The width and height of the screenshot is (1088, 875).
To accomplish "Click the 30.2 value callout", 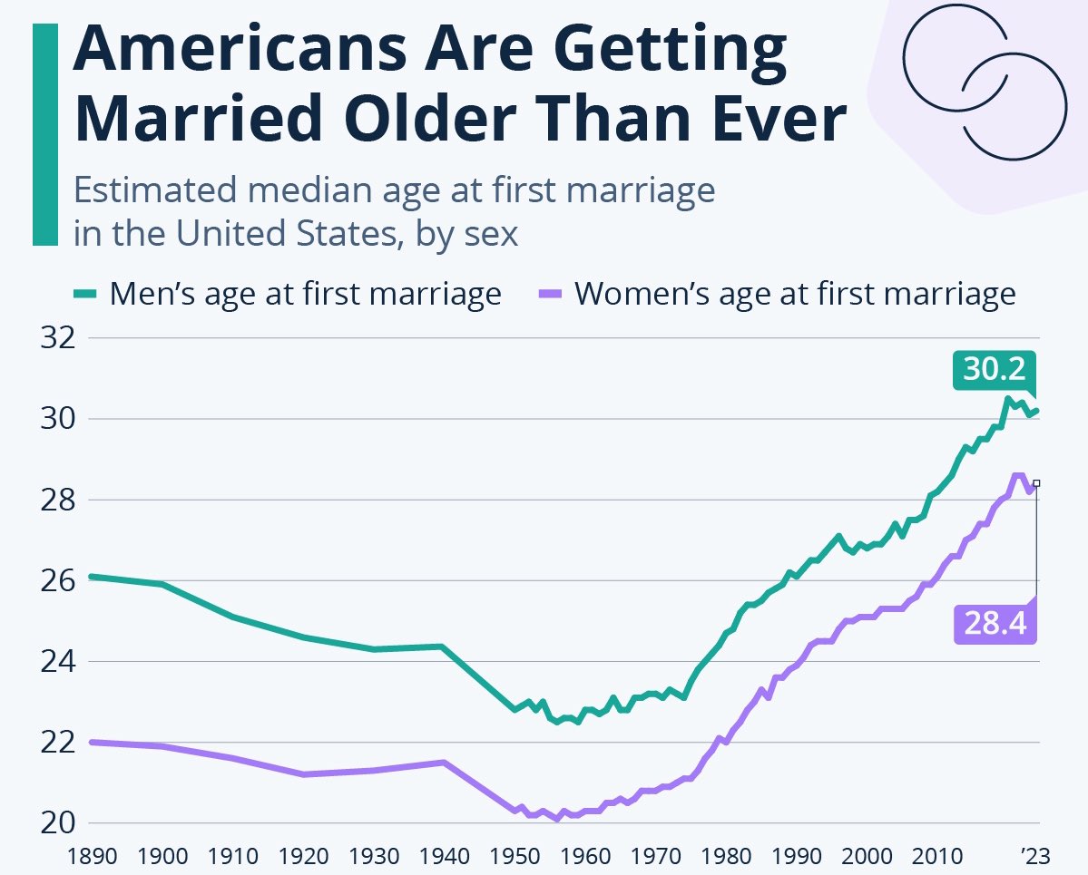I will coord(995,371).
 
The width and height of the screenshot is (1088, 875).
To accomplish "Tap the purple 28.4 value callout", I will coord(995,625).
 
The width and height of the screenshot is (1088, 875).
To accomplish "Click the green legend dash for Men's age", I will coord(84,294).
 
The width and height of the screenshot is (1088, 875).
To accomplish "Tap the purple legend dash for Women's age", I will coord(551,294).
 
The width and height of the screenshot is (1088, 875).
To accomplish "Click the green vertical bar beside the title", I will coord(44,134).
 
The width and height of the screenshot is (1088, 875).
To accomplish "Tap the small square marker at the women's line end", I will coord(1036,483).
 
